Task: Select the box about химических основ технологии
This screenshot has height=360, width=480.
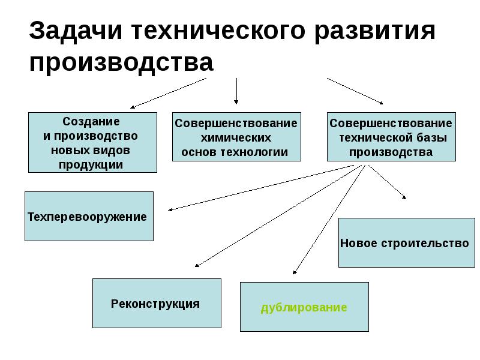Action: pyautogui.click(x=236, y=137)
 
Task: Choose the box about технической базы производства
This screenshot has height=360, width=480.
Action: pyautogui.click(x=391, y=137)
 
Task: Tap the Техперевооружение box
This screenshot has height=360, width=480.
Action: pyautogui.click(x=88, y=216)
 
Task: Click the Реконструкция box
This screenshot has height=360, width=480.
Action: pyautogui.click(x=156, y=303)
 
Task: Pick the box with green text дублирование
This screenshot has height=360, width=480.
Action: pyautogui.click(x=304, y=307)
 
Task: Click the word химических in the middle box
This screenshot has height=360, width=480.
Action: pyautogui.click(x=236, y=137)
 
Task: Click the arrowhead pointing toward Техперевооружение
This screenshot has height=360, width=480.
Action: pyautogui.click(x=171, y=209)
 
